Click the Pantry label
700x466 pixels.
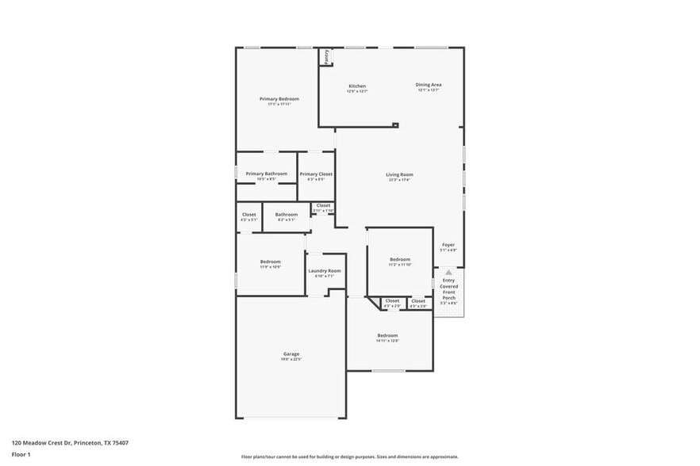coord(326,56)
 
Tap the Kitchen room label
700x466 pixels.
coord(357,86)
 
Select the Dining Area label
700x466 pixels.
coord(429,85)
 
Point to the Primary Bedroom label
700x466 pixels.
coord(279,99)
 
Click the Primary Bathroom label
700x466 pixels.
coord(266,174)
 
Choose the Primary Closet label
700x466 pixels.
coord(316,174)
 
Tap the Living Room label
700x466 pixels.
coord(399,174)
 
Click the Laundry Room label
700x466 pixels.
coord(325,271)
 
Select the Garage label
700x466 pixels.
coord(291,354)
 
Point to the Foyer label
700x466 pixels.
coord(448,245)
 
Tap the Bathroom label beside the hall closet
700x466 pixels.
coord(287,214)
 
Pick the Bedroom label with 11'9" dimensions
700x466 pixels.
coord(271,262)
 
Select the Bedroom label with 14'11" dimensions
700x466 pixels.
coord(387,335)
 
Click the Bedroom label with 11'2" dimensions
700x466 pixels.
coord(400,259)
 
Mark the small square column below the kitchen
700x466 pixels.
coord(395,124)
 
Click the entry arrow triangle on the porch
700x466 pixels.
coord(449,272)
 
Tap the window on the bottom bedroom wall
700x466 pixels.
coord(389,371)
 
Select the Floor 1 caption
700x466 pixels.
coord(21,455)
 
